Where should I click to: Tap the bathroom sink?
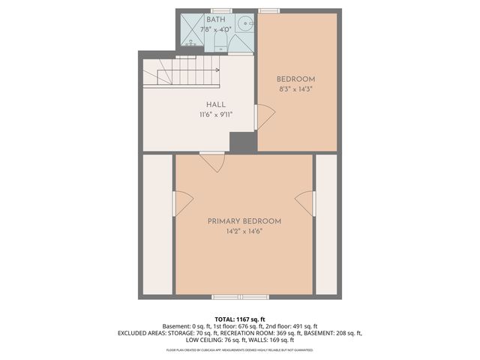tap(244, 25)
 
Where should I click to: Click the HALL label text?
tap(216, 105)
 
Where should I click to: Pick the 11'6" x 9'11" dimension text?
tap(216, 115)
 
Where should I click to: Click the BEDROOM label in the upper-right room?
tap(295, 79)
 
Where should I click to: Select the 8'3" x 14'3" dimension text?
tap(295, 89)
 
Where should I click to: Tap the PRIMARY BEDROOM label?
tap(244, 221)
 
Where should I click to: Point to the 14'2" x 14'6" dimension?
tap(244, 232)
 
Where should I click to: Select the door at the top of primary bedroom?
tap(212, 161)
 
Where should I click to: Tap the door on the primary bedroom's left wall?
tap(182, 201)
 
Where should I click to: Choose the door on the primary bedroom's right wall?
tap(305, 202)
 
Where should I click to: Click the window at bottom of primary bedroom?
tap(230, 297)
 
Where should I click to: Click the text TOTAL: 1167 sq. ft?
tap(240, 319)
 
